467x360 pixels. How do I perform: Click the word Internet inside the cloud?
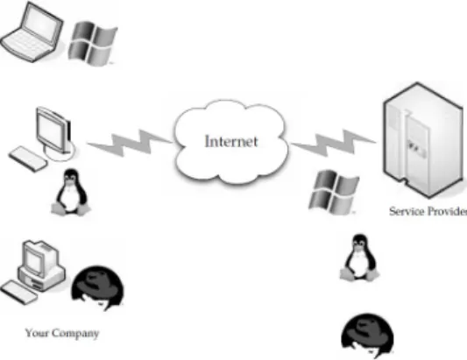(231, 141)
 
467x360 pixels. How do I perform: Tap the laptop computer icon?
(32, 32)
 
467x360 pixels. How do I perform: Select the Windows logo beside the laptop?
(93, 43)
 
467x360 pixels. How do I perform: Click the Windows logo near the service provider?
(334, 192)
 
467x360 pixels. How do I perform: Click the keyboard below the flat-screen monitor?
(28, 159)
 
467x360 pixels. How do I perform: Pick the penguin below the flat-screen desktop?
(71, 192)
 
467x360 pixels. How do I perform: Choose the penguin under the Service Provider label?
(359, 258)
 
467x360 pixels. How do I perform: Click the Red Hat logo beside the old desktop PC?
(97, 288)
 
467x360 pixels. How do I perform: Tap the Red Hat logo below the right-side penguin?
(367, 335)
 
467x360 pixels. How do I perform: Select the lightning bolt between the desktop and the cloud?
(130, 143)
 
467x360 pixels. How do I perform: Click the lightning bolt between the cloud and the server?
(334, 143)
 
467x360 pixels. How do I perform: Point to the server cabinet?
(423, 140)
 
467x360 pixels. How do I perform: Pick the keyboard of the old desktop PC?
(18, 292)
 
